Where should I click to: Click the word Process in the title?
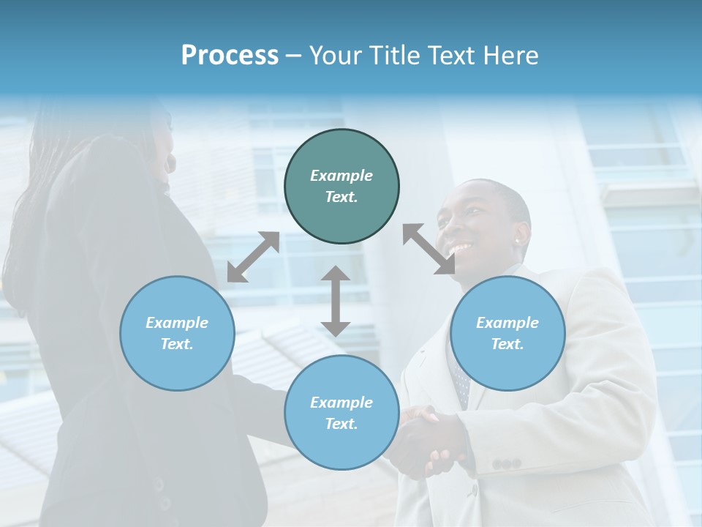(x=230, y=56)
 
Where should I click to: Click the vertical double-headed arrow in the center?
(x=336, y=301)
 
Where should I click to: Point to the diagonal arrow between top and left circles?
(x=253, y=256)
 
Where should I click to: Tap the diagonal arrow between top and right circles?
(x=429, y=249)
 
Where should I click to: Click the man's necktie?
(x=461, y=384)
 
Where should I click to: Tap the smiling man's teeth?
(x=461, y=250)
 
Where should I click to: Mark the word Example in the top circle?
(x=341, y=176)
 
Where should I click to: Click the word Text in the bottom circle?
(x=340, y=424)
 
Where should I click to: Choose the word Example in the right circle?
(x=507, y=323)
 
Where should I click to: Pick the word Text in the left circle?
(x=175, y=344)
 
